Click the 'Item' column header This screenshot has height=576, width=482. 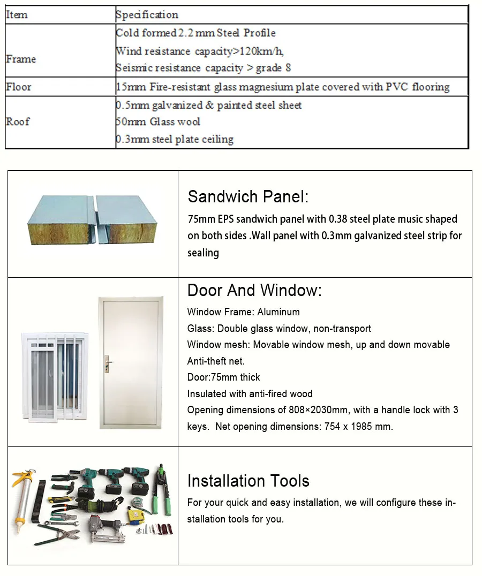click(x=17, y=15)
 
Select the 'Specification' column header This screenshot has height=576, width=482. click(x=147, y=15)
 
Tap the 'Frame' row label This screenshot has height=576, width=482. click(x=21, y=59)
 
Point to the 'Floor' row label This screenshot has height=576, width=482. click(x=19, y=87)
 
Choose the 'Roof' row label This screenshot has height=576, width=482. click(x=18, y=122)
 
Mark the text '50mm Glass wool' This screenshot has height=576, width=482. click(x=158, y=122)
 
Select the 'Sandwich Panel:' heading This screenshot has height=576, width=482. click(x=248, y=196)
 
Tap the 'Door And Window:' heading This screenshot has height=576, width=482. click(x=254, y=290)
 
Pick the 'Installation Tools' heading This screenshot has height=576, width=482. click(x=248, y=481)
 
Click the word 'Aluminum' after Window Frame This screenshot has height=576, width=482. click(x=278, y=312)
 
